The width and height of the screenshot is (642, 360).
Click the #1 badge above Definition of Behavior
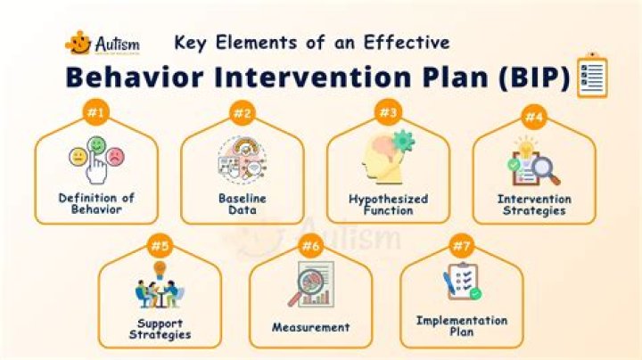click(x=96, y=112)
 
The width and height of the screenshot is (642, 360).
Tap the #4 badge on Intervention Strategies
click(x=533, y=116)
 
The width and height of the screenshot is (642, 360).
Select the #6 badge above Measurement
click(x=309, y=245)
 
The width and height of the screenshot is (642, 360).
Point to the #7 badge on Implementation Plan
click(x=461, y=245)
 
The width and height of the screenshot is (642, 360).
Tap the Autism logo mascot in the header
click(x=79, y=42)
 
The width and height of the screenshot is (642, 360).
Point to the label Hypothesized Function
click(x=388, y=203)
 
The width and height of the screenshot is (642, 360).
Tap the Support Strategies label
click(x=160, y=328)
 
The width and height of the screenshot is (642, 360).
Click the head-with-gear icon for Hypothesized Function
click(x=387, y=157)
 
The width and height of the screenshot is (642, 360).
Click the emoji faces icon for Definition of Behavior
click(x=96, y=160)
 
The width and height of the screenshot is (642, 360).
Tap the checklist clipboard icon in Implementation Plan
click(x=461, y=282)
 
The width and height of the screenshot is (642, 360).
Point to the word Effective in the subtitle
click(x=408, y=42)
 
